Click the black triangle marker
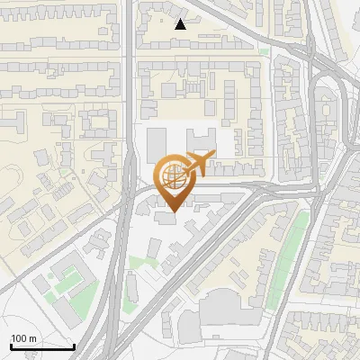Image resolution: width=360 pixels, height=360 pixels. pos(181,24)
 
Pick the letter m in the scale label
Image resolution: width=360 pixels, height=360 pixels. pos(33,338)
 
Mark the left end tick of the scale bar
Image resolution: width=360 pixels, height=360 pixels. pos(11,346)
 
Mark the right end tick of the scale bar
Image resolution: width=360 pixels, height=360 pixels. pos(75,346)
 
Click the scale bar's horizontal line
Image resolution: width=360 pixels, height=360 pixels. pos(42,347)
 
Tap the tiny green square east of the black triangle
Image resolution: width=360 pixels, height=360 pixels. pos(263,51)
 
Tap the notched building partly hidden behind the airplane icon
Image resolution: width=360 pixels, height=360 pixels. pos(202,140)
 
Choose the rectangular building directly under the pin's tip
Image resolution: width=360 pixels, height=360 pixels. pos(166,219)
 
